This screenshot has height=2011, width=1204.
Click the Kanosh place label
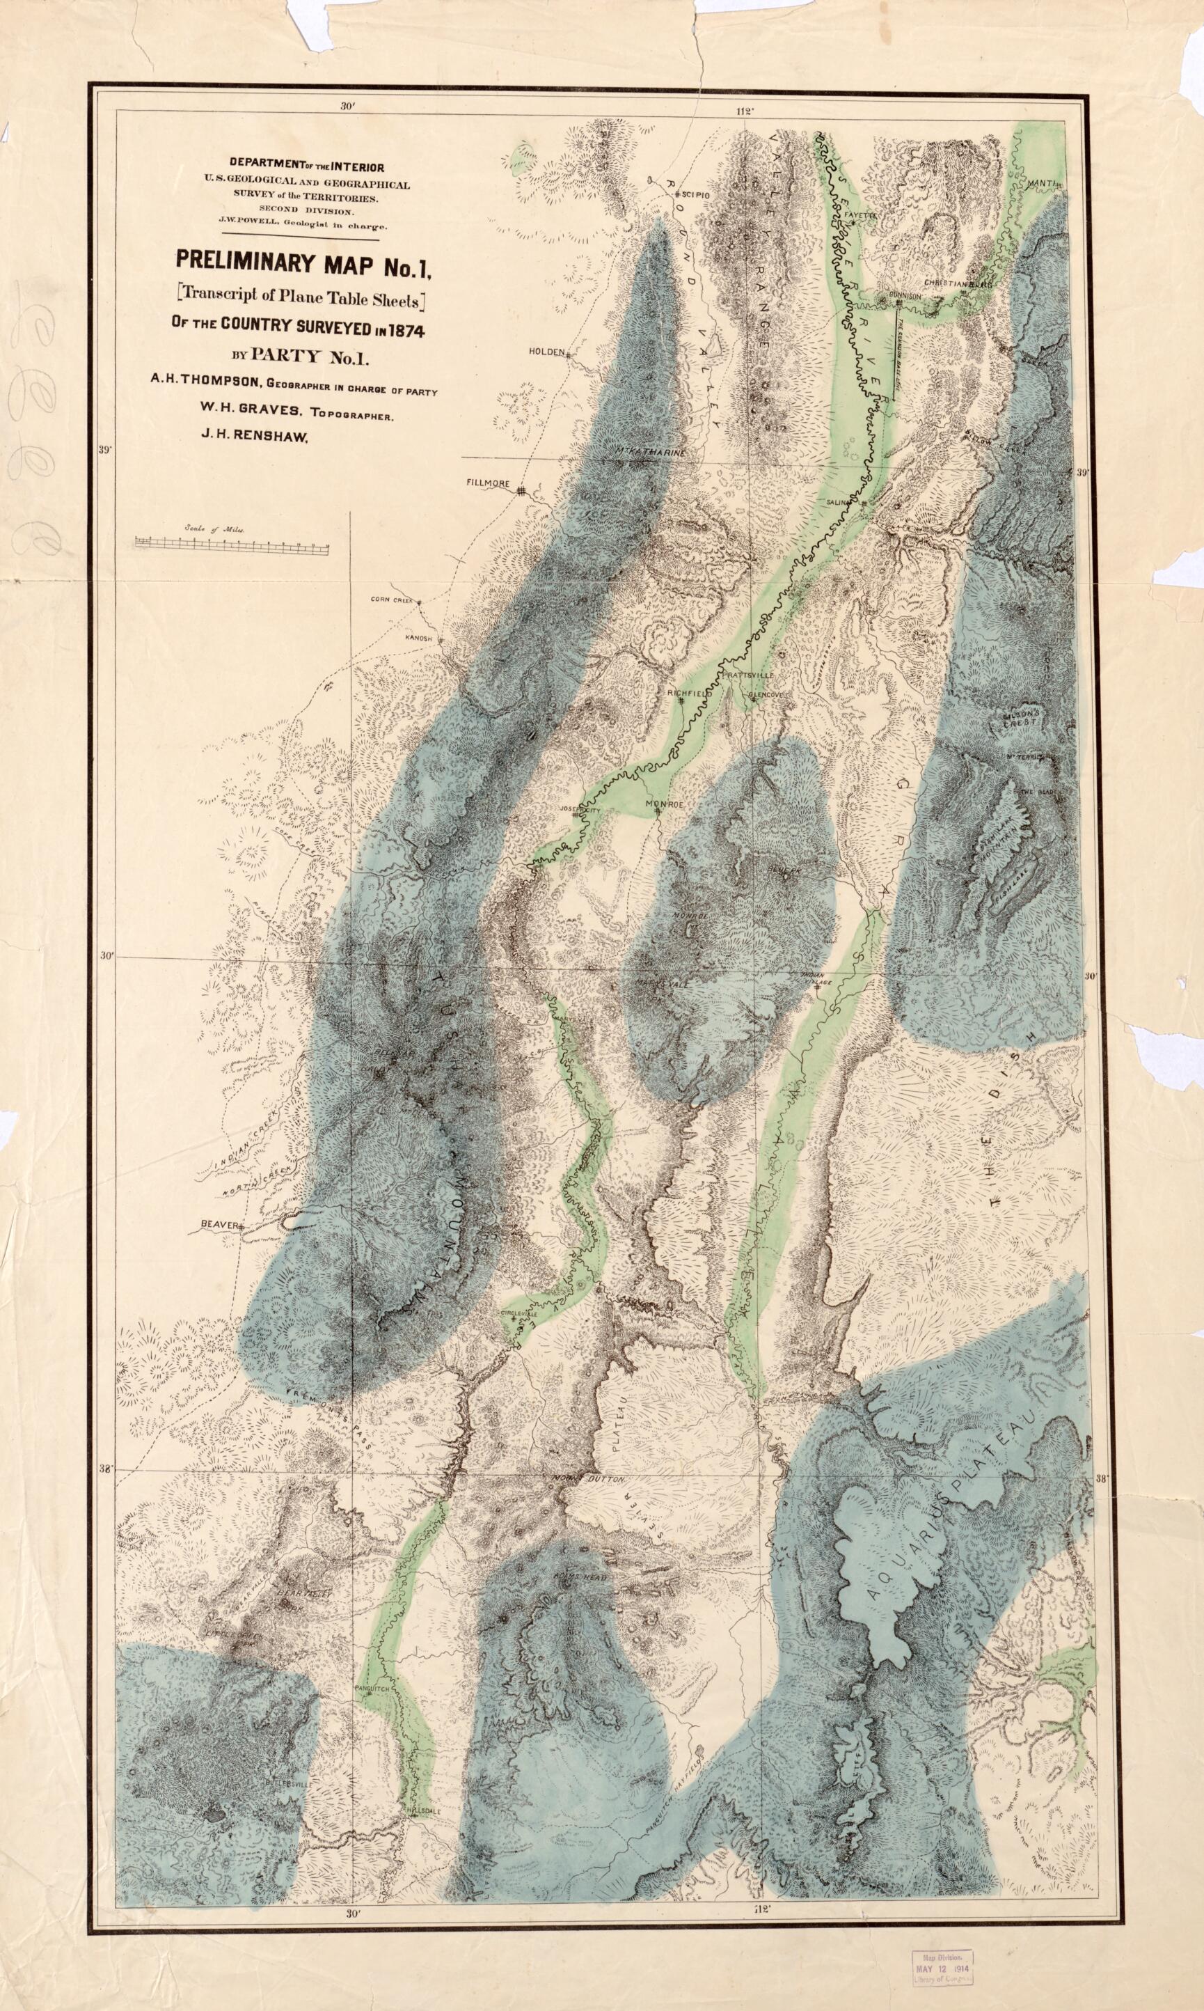click(x=420, y=639)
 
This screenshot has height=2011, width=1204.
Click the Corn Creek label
click(x=392, y=600)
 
